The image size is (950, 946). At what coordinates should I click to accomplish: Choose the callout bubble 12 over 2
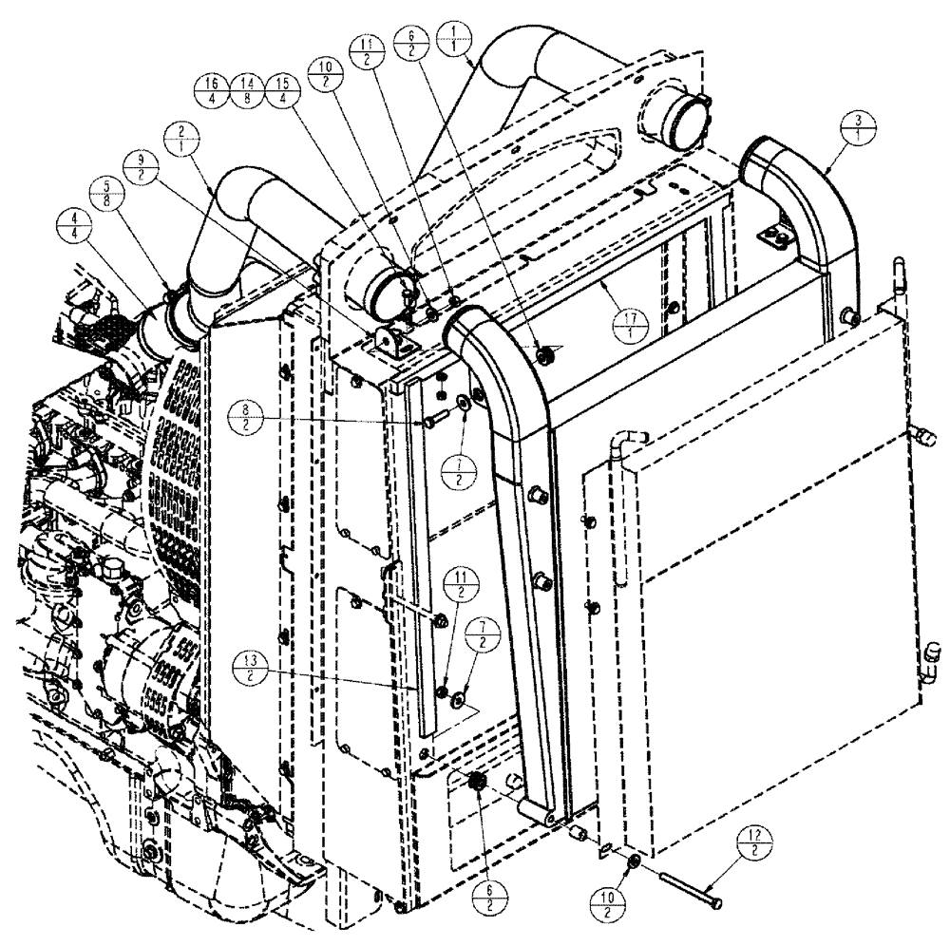(x=761, y=843)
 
